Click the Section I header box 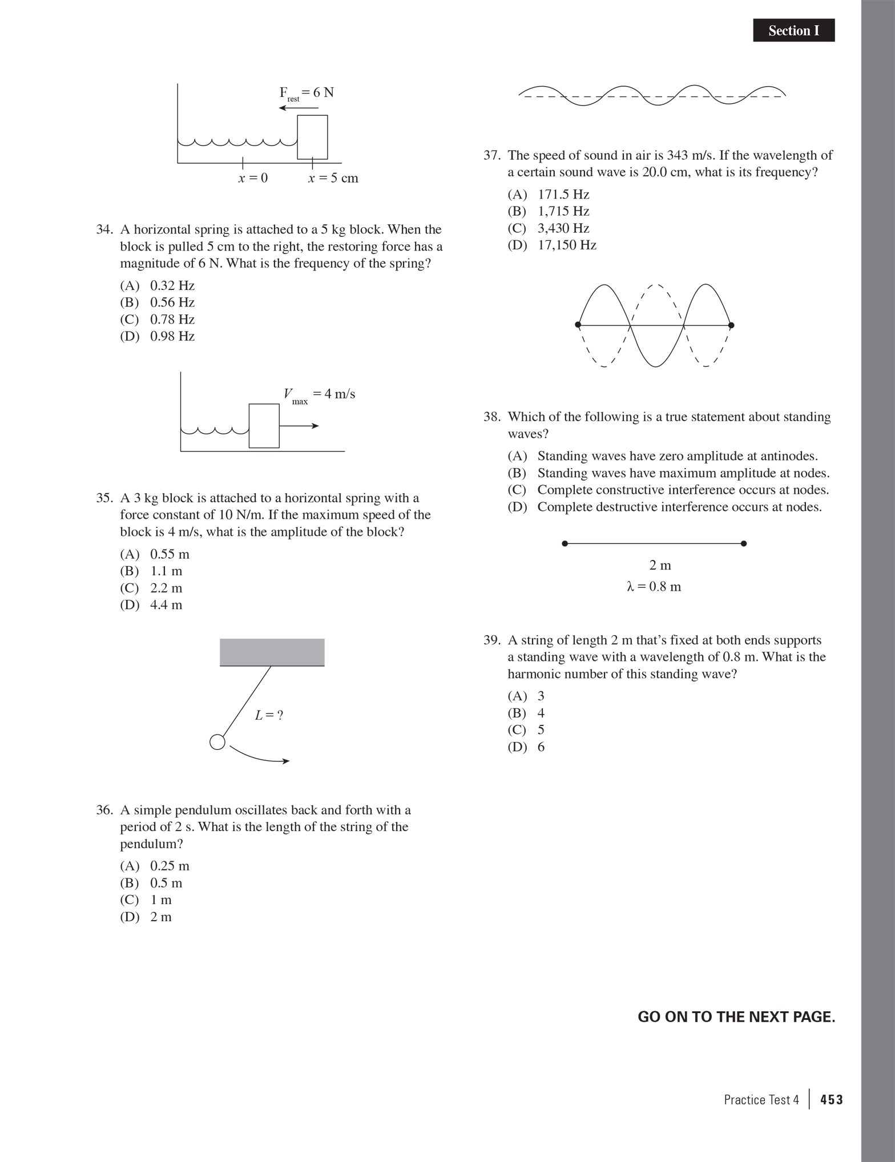(x=793, y=31)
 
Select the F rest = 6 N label (x=307, y=93)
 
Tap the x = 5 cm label (x=333, y=178)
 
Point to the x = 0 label (x=253, y=178)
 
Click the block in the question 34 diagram (x=312, y=137)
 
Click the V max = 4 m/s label (x=319, y=395)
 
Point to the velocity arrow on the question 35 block (x=299, y=426)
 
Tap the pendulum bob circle (x=217, y=742)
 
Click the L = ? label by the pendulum (x=269, y=715)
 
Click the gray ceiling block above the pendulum (x=272, y=652)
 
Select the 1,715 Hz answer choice (x=563, y=211)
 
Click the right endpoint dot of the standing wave (x=732, y=325)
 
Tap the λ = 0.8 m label (x=654, y=587)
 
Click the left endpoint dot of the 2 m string (x=565, y=544)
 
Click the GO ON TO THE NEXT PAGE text (x=736, y=1017)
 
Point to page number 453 (x=831, y=1100)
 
